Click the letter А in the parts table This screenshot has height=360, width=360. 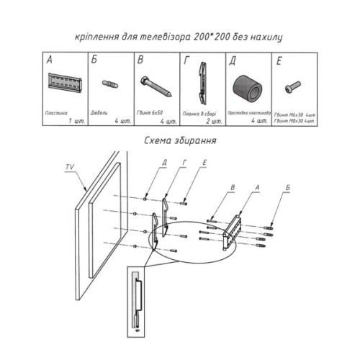(50, 60)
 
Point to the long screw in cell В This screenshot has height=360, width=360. (156, 87)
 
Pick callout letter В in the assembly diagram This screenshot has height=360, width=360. (232, 189)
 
